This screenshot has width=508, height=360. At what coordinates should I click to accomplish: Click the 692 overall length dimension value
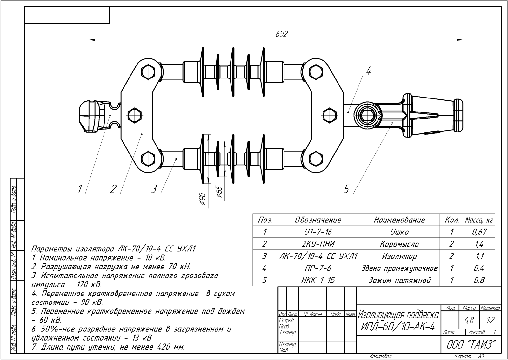[281, 34]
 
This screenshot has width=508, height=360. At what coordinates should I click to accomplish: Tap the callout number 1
[80, 189]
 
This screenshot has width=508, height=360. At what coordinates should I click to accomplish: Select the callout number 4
[368, 71]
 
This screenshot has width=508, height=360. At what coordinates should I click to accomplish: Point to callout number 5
[346, 189]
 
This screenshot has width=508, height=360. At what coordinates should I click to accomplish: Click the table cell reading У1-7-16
[318, 232]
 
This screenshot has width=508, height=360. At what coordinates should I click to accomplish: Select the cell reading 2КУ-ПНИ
[318, 244]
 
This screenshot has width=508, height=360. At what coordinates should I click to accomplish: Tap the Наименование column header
[399, 220]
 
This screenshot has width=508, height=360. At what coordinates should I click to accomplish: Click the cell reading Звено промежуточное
[399, 268]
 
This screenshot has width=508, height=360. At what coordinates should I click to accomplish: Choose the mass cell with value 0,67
[479, 232]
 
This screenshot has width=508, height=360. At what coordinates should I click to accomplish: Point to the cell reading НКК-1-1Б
[318, 280]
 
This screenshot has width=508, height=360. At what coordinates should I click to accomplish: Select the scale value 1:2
[490, 321]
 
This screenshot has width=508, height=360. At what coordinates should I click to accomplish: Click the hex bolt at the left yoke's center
[135, 114]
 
